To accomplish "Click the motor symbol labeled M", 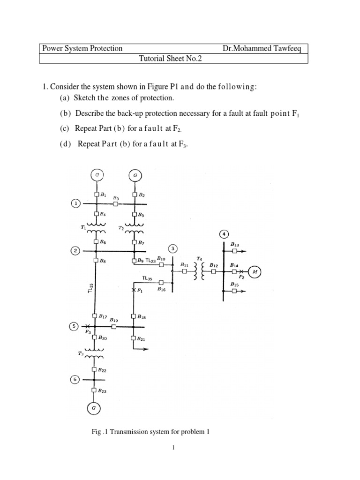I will (x=255, y=271).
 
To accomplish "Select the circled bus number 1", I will (x=75, y=203).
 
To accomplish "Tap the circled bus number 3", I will (x=173, y=248).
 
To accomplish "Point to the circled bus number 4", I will (x=224, y=234).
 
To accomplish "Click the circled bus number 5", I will (x=74, y=326).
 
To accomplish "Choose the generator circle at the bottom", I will (x=94, y=409).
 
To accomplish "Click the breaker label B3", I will (x=116, y=198).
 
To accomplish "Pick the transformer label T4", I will (x=199, y=259).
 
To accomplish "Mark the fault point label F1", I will (x=139, y=291).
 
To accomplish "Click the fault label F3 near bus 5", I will (x=88, y=332).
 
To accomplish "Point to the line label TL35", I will (x=147, y=278).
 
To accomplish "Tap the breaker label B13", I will (x=234, y=244).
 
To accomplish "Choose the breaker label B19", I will (x=114, y=320).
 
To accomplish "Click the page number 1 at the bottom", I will (x=173, y=448).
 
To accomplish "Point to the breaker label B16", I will (x=162, y=289).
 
